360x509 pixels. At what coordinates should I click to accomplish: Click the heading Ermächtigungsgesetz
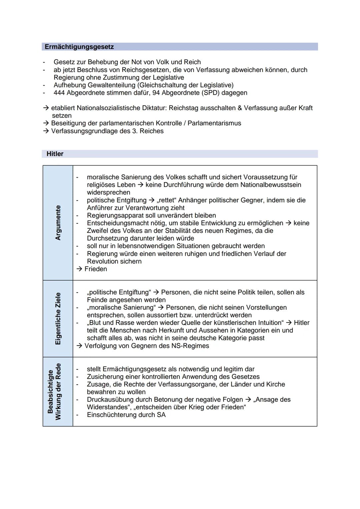(x=79, y=47)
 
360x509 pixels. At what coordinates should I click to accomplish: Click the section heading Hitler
(x=55, y=154)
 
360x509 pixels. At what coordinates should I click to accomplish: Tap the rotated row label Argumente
(x=58, y=223)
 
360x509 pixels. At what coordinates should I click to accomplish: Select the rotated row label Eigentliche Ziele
(x=58, y=318)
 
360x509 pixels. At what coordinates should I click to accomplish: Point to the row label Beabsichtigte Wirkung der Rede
(x=54, y=392)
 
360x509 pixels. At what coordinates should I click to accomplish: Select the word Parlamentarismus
(x=214, y=123)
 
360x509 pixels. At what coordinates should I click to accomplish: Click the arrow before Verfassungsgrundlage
(x=46, y=131)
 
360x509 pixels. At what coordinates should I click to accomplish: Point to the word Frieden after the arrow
(x=96, y=269)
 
